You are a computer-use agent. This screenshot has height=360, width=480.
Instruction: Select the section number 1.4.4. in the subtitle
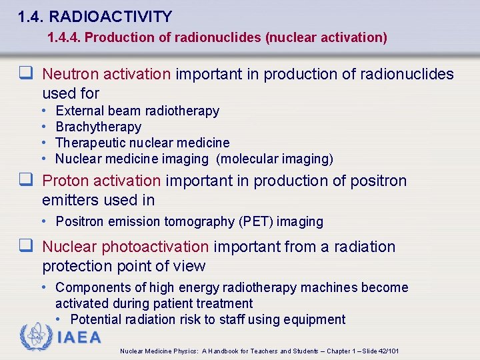tap(64, 37)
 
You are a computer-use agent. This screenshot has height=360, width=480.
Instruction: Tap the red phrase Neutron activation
tap(107, 74)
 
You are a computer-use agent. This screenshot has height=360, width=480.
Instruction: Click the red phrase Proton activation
tap(101, 181)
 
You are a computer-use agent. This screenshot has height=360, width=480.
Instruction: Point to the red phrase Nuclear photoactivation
tap(125, 247)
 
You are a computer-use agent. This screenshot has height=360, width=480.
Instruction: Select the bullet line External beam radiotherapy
tap(137, 111)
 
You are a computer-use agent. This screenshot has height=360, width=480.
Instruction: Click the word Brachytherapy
tap(98, 127)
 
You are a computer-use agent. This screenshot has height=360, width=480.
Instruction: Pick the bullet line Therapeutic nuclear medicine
tap(142, 143)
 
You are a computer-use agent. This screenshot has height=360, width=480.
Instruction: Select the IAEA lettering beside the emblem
tap(79, 337)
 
